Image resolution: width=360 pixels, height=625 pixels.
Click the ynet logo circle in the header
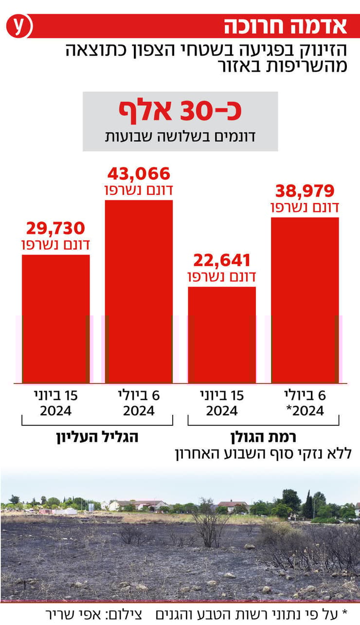tap(18, 26)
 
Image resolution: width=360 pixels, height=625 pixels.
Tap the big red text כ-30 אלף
tap(180, 111)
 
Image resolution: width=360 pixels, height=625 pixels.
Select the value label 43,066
tap(139, 174)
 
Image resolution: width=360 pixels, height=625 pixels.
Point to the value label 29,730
tap(55, 228)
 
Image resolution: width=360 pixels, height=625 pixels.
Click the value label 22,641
tap(222, 260)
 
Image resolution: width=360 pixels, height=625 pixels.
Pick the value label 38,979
tap(305, 190)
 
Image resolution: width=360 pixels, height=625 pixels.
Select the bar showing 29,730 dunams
tap(55, 318)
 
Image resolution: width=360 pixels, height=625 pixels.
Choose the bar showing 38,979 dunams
tap(305, 300)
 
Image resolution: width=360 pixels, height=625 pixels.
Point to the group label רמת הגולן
tap(264, 437)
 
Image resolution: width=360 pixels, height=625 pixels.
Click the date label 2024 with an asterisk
tap(305, 411)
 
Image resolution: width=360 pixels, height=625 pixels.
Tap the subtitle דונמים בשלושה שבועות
tap(180, 136)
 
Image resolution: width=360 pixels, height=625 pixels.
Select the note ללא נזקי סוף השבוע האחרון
tap(263, 454)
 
